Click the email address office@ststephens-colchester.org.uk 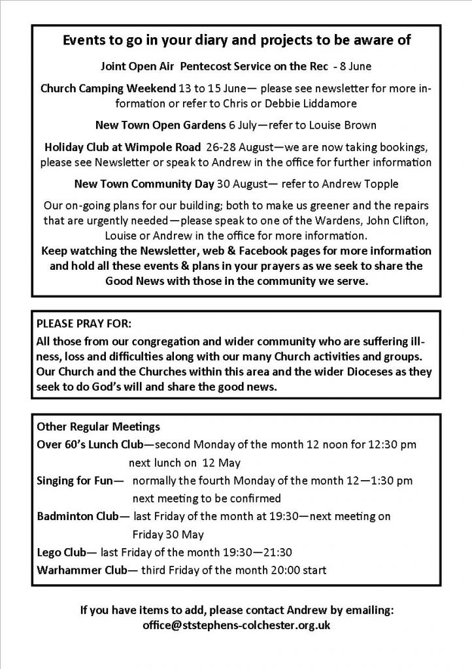[236, 625]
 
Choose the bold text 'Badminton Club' [78, 516]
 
